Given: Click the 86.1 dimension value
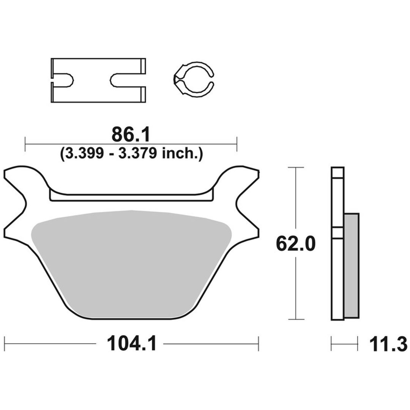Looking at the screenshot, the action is pos(131,135).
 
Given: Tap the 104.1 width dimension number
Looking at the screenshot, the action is pos(132,344).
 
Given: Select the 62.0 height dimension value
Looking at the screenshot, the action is pos(296,244).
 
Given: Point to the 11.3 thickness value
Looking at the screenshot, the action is pos(388,344).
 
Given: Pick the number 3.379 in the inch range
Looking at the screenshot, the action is pos(138,153).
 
